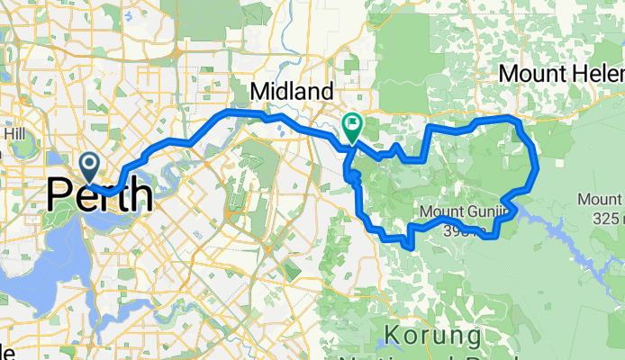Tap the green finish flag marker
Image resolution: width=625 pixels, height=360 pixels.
click(351, 128)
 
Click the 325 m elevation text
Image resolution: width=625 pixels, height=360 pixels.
click(602, 219)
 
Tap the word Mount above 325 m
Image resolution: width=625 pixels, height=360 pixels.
click(601, 200)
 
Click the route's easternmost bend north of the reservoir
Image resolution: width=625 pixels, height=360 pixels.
click(537, 166)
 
